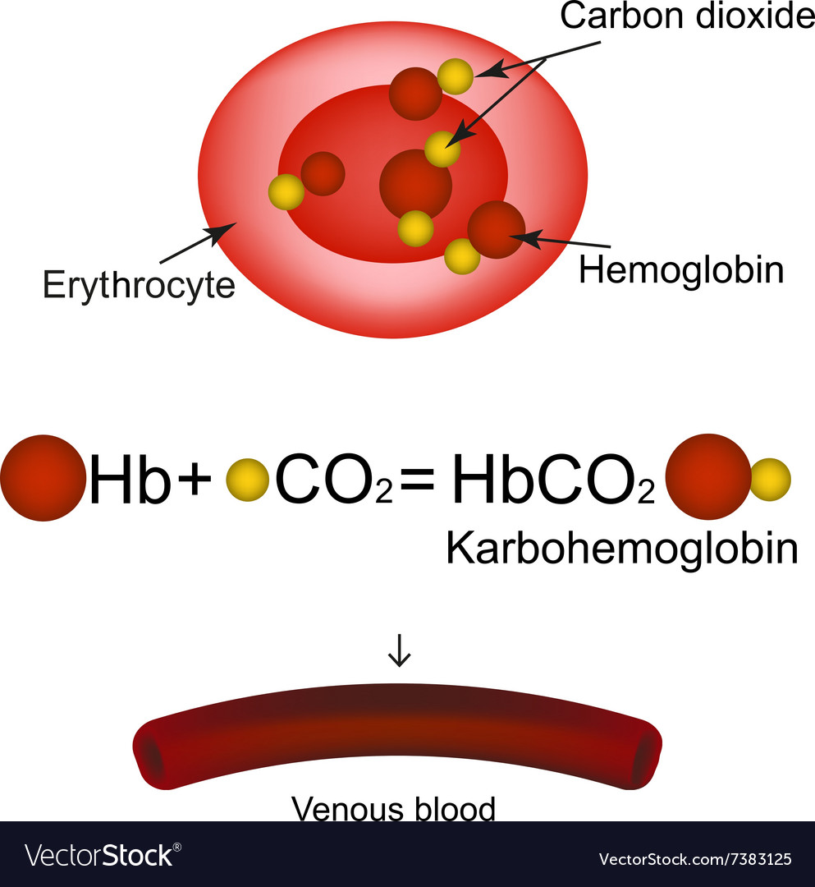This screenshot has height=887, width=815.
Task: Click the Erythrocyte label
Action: coord(139,284)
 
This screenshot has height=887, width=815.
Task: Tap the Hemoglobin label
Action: coord(680,270)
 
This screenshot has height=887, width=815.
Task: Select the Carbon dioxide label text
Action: coord(687,16)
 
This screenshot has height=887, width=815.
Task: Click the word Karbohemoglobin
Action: coord(621,549)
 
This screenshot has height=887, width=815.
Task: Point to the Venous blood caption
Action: coord(394,810)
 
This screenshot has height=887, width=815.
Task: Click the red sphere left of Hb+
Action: coord(43,478)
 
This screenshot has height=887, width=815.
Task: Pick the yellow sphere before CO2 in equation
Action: coord(247,480)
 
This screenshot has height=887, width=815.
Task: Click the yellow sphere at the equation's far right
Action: coord(771,479)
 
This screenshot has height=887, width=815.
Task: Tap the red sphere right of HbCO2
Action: coord(707,477)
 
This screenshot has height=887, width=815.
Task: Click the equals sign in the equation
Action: coord(420,480)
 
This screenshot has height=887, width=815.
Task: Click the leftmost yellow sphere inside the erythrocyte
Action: coord(286,191)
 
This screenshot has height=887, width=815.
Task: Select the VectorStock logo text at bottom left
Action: coord(99,855)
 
